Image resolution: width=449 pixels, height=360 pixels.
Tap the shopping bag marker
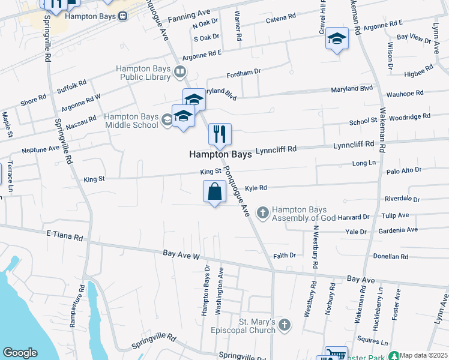tap(215, 191)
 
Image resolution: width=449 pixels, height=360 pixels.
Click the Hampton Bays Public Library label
tap(144, 73)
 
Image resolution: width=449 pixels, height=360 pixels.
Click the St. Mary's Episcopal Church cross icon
tap(285, 325)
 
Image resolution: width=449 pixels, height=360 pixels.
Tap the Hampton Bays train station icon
tap(122, 17)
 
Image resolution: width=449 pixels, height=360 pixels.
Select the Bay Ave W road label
tap(181, 256)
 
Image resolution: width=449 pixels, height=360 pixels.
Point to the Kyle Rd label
tap(256, 188)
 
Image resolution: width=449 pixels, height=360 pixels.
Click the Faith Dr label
tap(285, 255)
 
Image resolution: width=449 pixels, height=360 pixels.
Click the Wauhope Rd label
tap(405, 94)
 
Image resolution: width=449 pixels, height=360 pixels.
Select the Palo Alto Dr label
tap(405, 170)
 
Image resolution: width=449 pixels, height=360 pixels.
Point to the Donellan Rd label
tap(390, 256)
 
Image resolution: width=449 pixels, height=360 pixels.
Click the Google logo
tap(20, 353)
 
